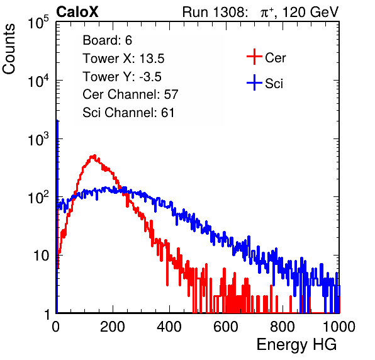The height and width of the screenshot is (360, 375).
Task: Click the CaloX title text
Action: (x=77, y=12)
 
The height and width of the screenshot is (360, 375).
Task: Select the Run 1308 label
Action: (x=215, y=12)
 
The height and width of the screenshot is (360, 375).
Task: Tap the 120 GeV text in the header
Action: (x=310, y=12)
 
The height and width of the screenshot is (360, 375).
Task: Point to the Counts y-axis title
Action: (x=9, y=49)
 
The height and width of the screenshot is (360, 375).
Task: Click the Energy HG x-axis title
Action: (x=296, y=345)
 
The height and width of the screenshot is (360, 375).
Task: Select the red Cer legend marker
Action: (x=254, y=57)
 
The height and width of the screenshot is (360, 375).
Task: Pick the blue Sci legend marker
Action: (x=254, y=83)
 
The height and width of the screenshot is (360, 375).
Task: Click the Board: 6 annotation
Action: (x=107, y=40)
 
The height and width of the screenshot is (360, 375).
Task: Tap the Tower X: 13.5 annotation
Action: (x=123, y=59)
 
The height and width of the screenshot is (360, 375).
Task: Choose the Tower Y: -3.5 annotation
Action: (x=122, y=77)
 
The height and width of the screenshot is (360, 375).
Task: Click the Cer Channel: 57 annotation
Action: (x=130, y=94)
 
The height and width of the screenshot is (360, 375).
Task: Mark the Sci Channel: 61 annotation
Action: (x=128, y=113)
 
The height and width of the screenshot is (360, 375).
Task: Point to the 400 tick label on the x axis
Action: (x=169, y=327)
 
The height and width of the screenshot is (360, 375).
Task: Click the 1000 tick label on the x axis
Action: (x=339, y=327)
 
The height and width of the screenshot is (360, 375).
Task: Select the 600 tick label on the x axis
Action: (x=226, y=327)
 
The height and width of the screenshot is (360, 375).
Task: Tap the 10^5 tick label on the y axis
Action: (x=38, y=22)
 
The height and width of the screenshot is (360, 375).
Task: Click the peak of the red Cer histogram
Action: (x=94, y=156)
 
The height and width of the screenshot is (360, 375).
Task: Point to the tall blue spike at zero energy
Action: (x=57, y=215)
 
